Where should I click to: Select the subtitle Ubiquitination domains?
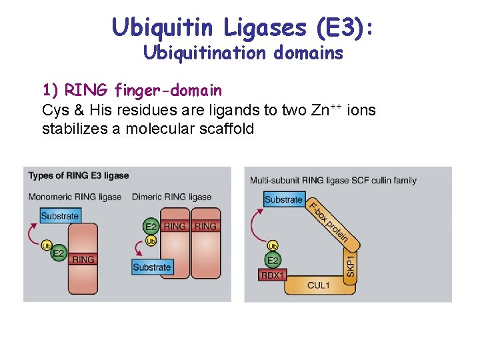point(243,53)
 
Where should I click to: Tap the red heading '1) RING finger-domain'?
point(132,89)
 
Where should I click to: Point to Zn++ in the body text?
point(325,109)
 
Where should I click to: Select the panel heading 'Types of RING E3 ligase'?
point(79,175)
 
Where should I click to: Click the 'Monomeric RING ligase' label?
point(75,197)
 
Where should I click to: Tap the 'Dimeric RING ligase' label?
point(171,197)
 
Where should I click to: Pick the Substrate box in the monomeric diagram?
point(59,216)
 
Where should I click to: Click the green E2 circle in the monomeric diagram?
point(59,253)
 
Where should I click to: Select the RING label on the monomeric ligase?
point(83,259)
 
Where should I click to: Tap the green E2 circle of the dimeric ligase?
point(151,227)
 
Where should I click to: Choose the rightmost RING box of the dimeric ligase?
point(205,227)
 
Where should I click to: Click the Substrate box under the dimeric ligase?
point(152,267)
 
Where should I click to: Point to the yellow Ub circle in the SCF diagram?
point(273,246)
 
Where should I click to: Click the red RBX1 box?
point(273,275)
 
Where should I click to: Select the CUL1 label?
point(318,285)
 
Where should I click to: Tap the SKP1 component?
point(351,265)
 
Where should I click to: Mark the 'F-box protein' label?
point(329,221)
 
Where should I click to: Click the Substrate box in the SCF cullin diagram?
point(283,199)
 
